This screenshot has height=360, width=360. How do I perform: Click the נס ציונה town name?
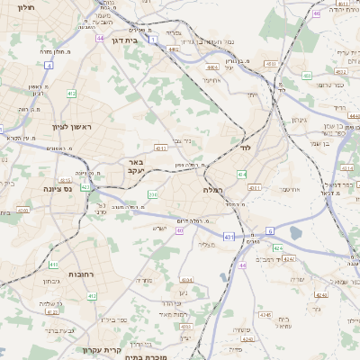(x=64, y=189)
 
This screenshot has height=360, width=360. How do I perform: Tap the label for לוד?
(x=244, y=146)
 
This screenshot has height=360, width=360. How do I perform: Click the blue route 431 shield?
(x=229, y=237)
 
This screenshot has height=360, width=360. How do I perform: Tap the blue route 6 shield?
(x=269, y=231)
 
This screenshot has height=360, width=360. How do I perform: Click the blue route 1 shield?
(x=153, y=40)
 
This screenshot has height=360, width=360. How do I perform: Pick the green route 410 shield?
(x=54, y=265)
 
